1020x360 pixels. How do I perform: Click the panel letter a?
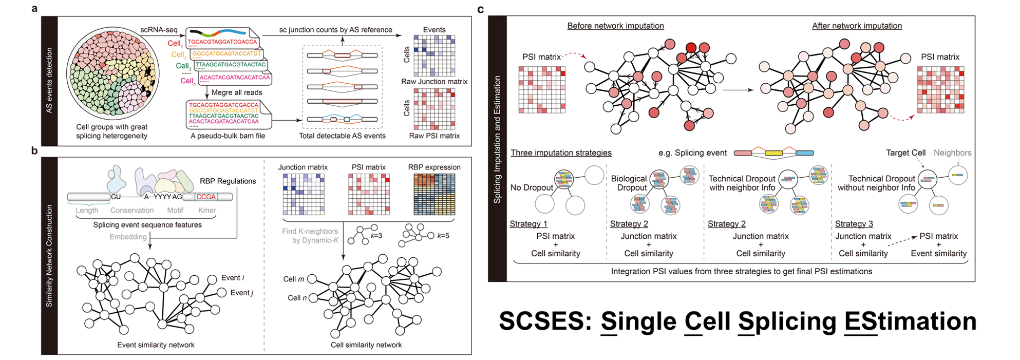point(34,9)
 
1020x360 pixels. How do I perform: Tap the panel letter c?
point(481,9)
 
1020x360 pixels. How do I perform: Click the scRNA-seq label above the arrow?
point(159,30)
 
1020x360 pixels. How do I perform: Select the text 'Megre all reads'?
point(237,92)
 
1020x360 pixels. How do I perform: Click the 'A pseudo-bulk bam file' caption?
point(228,136)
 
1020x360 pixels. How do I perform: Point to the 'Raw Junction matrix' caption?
point(434,82)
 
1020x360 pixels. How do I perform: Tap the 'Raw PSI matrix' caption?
point(434,136)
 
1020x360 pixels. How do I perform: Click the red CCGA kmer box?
point(206,197)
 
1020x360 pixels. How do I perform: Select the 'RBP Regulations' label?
point(228,181)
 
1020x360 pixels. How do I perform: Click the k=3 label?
point(376,236)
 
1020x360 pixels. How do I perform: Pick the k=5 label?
point(443,236)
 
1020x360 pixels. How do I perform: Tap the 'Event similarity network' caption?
point(156,345)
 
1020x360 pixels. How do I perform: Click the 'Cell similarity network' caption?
point(366,345)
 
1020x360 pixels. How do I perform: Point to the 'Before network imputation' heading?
point(615,26)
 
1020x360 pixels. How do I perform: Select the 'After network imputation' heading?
point(857,26)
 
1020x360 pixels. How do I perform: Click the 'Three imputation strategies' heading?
point(561,153)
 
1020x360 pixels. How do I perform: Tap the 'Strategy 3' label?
point(854,224)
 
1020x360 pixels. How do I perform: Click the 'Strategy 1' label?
point(528,224)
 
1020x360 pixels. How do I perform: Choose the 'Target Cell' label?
point(905,153)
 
